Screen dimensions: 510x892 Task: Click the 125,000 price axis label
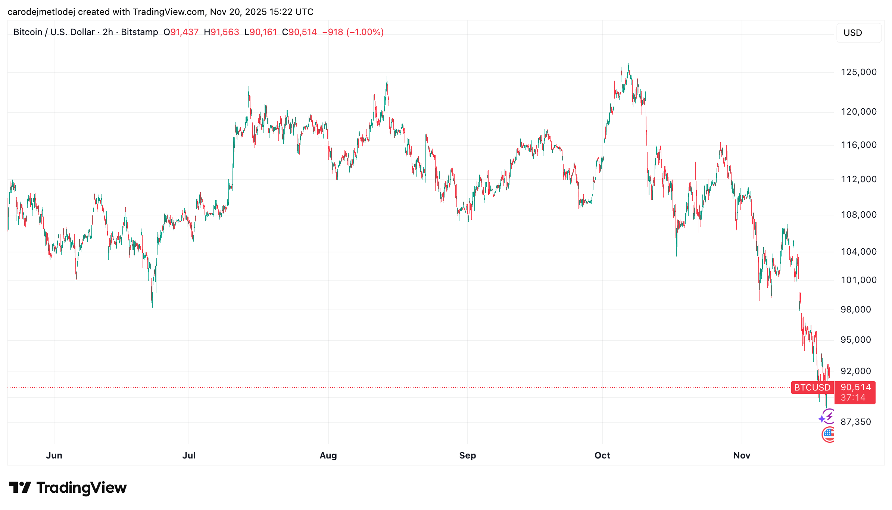click(x=858, y=72)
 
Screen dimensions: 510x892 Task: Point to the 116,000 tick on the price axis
click(x=858, y=145)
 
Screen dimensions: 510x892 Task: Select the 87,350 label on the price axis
click(x=855, y=422)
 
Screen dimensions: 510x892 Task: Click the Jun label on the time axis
click(x=54, y=455)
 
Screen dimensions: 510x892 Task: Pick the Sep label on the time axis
click(x=467, y=455)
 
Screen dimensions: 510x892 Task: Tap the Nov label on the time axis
click(x=742, y=455)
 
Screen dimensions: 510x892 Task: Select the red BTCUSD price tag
click(x=812, y=388)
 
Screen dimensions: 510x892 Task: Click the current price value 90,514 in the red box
click(x=855, y=387)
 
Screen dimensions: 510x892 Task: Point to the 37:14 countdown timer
click(x=853, y=398)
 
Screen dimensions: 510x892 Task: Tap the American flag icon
click(x=828, y=434)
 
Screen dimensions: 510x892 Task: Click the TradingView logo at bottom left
click(x=68, y=488)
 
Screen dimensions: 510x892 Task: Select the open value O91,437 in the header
click(x=181, y=32)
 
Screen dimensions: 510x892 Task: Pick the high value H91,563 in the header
click(x=221, y=32)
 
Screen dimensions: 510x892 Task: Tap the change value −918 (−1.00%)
click(x=353, y=32)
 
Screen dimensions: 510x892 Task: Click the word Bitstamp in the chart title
click(x=140, y=32)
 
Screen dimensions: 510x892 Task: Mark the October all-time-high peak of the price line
click(x=628, y=64)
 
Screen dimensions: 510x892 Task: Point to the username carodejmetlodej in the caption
click(x=41, y=12)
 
